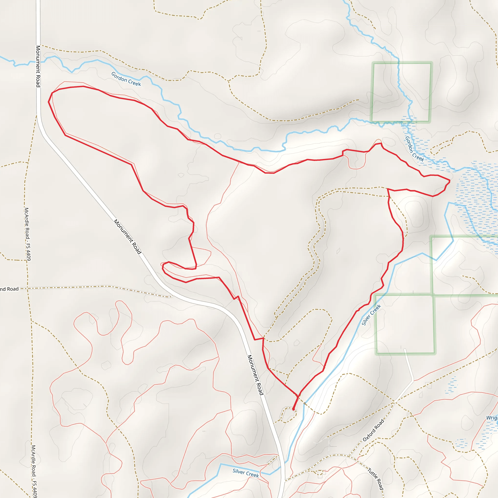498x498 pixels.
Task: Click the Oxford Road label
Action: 373,430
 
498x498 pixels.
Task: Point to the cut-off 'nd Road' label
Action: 9,289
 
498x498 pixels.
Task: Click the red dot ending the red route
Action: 293,409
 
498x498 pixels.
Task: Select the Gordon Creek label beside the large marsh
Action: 415,149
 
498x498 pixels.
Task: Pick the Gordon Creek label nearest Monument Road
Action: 126,79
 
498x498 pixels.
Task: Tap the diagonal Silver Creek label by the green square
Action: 371,315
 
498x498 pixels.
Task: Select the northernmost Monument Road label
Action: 38,66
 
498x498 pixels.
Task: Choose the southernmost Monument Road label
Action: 256,375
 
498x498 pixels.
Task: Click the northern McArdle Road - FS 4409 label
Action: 27,234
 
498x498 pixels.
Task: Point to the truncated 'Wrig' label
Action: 492,418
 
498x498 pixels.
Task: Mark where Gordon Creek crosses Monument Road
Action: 38,62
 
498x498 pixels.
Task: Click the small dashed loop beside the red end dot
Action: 287,415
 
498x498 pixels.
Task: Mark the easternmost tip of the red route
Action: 450,181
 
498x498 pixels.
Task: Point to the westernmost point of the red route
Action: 48,102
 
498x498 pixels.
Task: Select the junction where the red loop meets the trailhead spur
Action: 298,396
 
